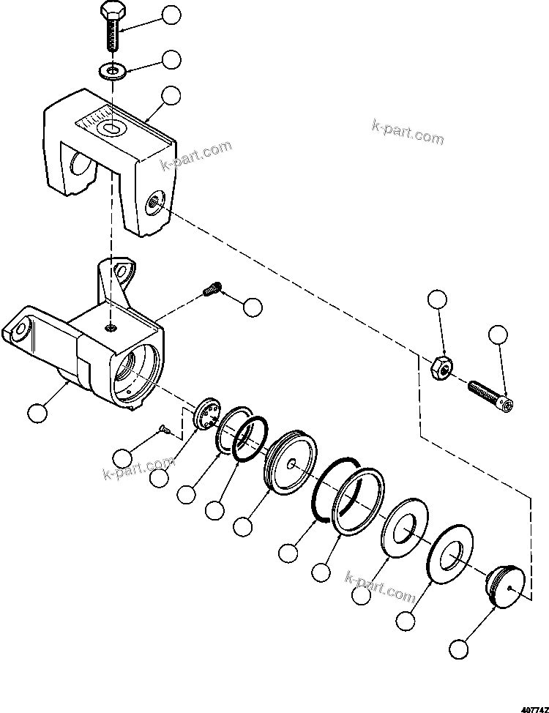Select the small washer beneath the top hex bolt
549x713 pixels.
(x=112, y=71)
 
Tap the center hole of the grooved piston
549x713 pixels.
(x=291, y=463)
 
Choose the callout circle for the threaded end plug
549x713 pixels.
(x=459, y=648)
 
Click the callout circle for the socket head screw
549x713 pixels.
(x=498, y=335)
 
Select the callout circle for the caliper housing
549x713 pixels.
(x=36, y=413)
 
